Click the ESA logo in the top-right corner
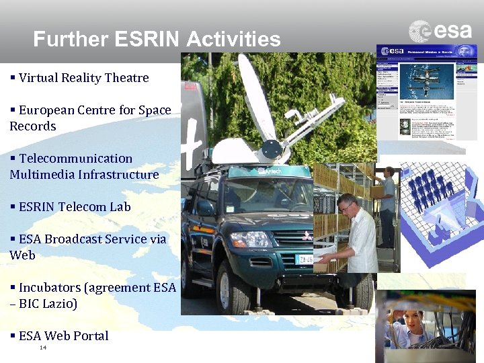pos(440,31)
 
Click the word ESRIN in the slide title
pos(148,39)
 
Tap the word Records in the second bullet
pos(33,126)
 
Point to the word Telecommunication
pos(75,159)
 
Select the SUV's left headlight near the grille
pos(252,239)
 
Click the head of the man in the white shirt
pos(348,206)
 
